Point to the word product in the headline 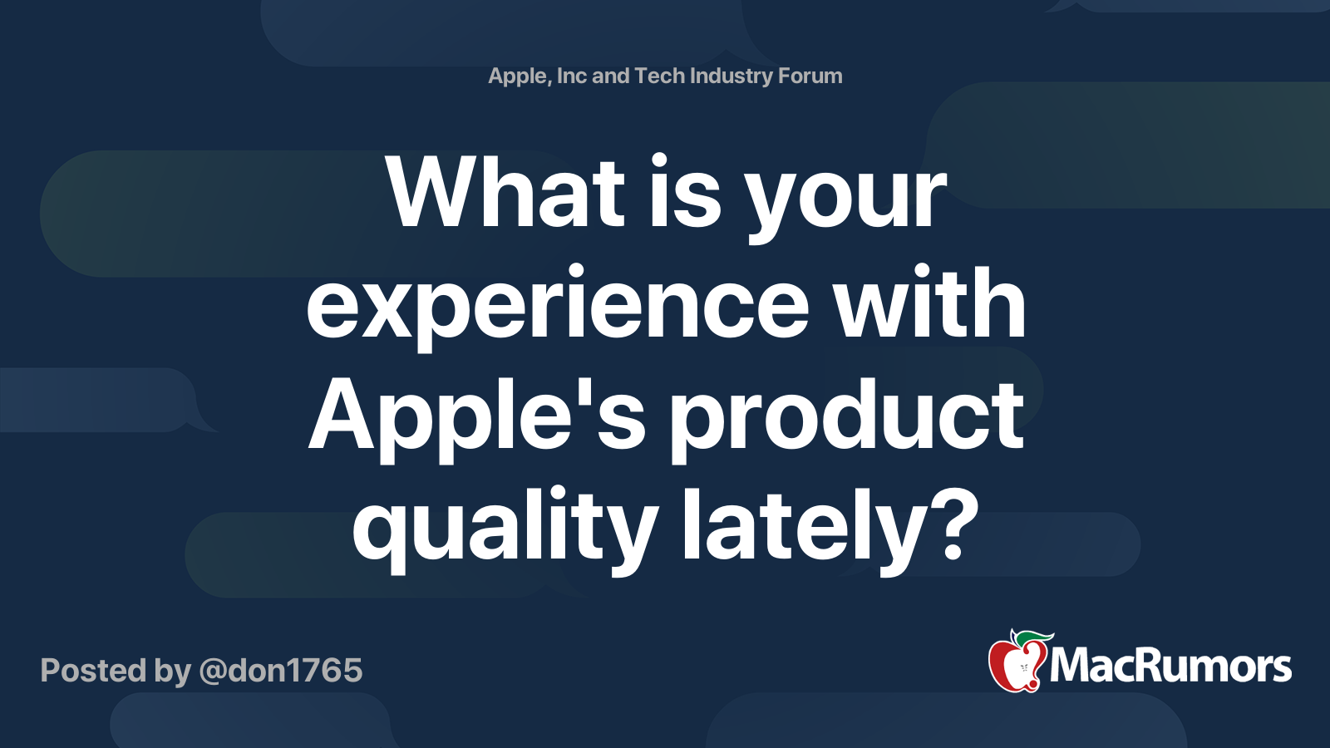847,421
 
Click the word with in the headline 930,303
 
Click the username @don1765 280,671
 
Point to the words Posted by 116,672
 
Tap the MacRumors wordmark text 1170,667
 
